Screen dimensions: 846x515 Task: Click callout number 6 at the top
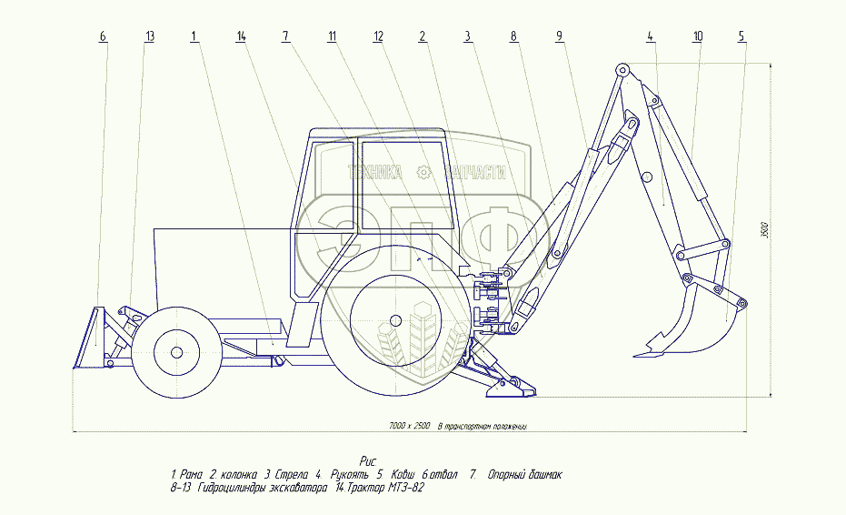[x=103, y=36]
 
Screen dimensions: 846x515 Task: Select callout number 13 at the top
[x=149, y=36]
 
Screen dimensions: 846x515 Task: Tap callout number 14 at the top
[x=241, y=36]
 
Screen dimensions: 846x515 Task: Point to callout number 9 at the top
[x=560, y=36]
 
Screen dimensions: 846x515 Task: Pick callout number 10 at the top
[x=697, y=36]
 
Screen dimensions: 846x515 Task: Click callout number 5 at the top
[x=741, y=36]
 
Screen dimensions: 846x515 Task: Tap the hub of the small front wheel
[x=176, y=351]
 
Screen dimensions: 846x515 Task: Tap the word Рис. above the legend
[x=368, y=461]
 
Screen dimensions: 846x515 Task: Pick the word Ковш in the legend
[x=403, y=475]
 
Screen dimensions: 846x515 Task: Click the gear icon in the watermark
[x=423, y=173]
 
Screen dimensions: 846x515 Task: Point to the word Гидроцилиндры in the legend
[x=232, y=489]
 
